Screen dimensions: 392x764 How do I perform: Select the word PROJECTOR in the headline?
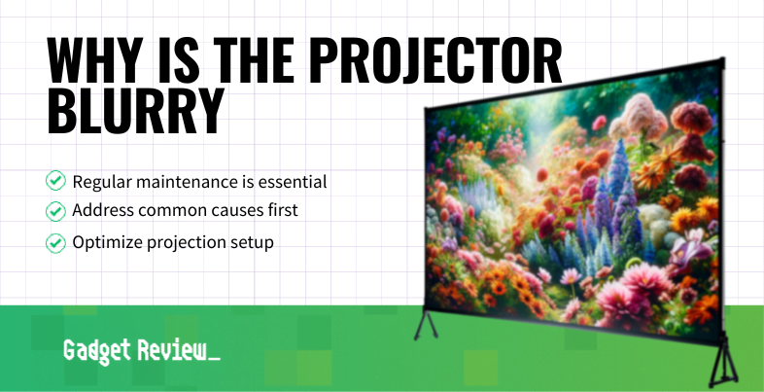(x=436, y=64)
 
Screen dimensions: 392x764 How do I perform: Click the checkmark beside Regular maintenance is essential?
(x=56, y=181)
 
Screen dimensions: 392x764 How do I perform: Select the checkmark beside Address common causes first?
(x=56, y=211)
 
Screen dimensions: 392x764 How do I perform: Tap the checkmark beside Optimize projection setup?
(x=56, y=242)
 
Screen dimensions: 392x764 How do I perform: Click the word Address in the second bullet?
(x=101, y=211)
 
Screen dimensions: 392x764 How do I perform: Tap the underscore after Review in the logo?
(x=214, y=359)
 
